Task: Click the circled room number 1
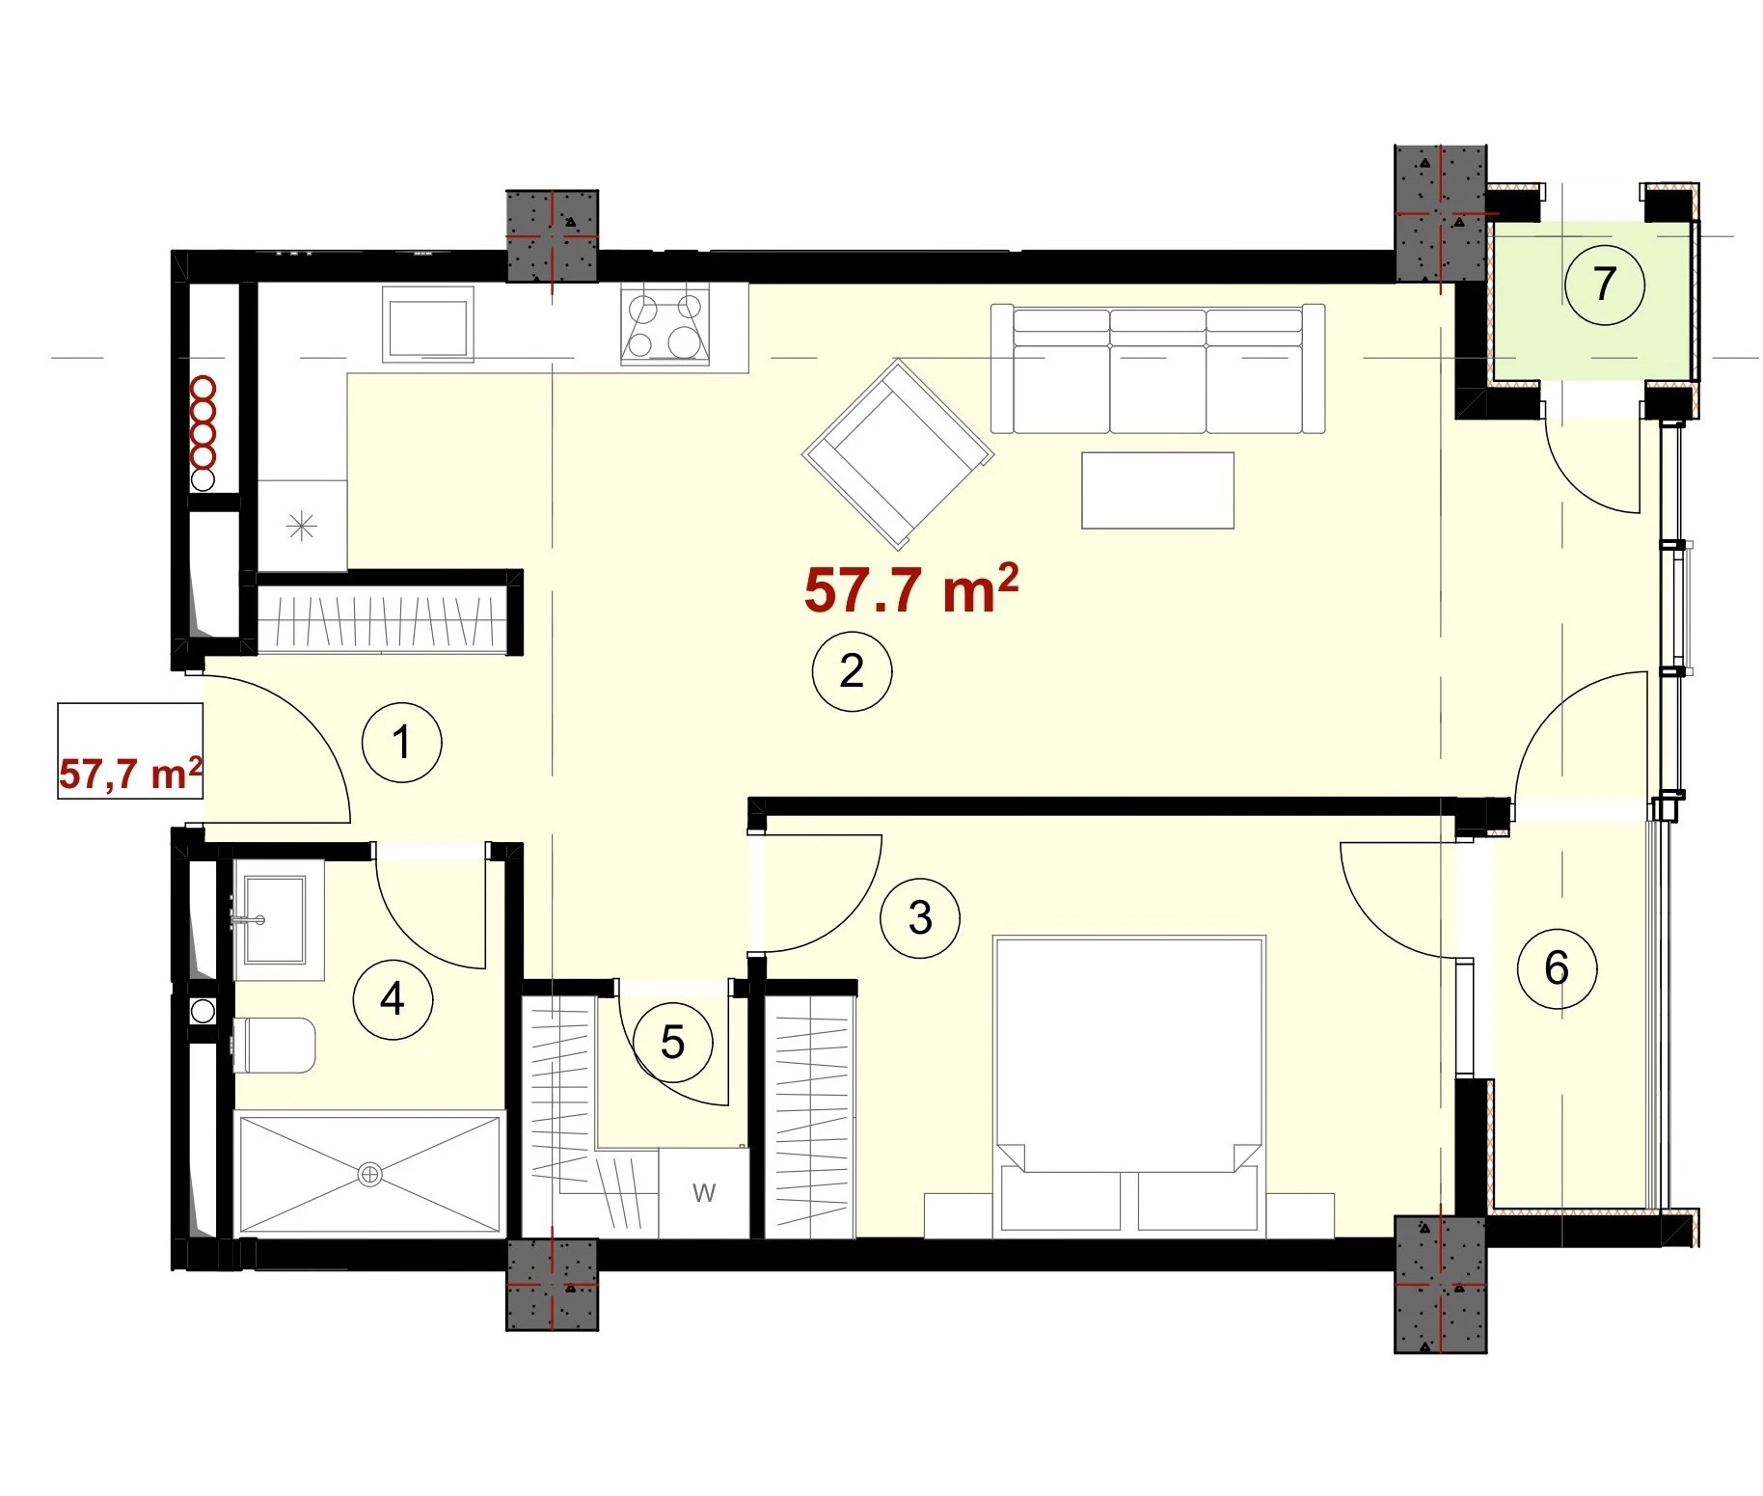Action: (401, 743)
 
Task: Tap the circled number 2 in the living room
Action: (852, 671)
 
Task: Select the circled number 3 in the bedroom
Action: (920, 917)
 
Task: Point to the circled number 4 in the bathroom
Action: (393, 999)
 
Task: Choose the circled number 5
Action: (672, 1043)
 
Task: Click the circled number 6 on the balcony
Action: (1557, 968)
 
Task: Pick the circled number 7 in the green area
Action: (1604, 284)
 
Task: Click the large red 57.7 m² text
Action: (911, 588)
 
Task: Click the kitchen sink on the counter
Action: (428, 324)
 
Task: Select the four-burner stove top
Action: (665, 324)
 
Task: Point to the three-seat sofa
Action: (1158, 368)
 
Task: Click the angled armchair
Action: (898, 454)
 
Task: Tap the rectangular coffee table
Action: (1157, 490)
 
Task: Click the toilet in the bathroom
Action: (274, 1045)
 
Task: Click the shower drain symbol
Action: (370, 1174)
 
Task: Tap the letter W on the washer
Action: (704, 1193)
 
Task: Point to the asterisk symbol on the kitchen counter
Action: (302, 526)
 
